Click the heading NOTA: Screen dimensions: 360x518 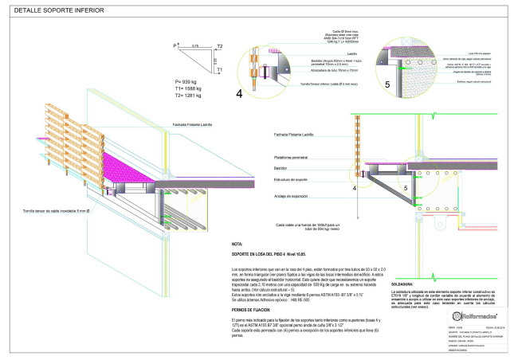(x=237, y=244)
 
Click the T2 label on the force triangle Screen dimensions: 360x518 (x=219, y=46)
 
